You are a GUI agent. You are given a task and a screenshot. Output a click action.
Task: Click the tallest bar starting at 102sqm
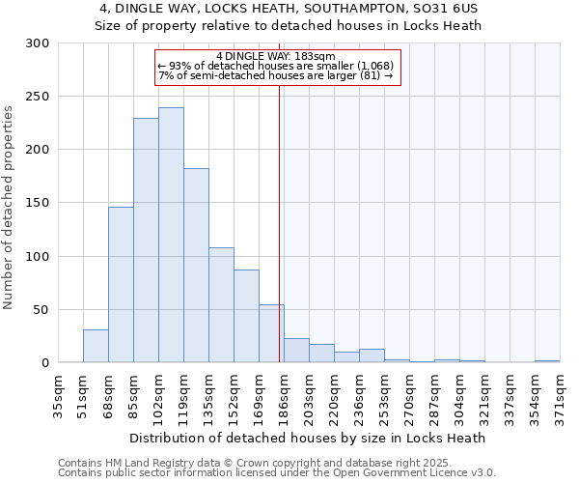(x=171, y=235)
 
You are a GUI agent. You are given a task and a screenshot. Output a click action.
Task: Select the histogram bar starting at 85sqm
(x=146, y=241)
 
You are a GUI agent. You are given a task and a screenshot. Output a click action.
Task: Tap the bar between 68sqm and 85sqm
(x=121, y=285)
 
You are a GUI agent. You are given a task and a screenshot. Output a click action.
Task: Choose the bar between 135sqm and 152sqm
(x=221, y=305)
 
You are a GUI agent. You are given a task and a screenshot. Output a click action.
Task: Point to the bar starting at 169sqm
(x=271, y=333)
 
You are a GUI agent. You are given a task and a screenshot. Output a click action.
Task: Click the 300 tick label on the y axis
(x=38, y=43)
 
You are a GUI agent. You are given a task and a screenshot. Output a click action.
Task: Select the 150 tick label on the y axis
(x=38, y=204)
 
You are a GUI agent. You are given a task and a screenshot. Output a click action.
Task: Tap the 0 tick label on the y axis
(x=44, y=363)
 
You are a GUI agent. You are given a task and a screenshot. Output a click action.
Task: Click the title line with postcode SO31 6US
(x=289, y=8)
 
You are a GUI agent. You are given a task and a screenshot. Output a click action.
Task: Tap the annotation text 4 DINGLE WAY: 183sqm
(x=276, y=56)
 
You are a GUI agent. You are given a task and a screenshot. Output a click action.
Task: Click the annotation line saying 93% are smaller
(x=276, y=66)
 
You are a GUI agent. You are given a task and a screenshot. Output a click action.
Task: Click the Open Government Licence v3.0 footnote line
(x=277, y=472)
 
